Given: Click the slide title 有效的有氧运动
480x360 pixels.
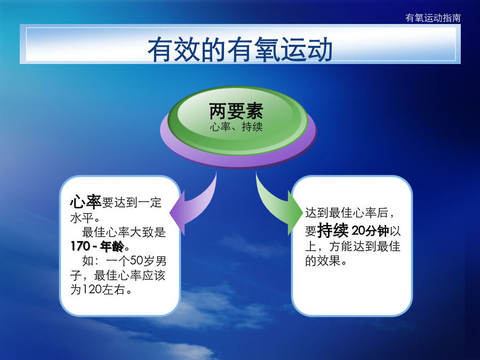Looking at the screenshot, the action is pyautogui.click(x=240, y=49).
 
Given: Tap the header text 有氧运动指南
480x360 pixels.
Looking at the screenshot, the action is pyautogui.click(x=433, y=18).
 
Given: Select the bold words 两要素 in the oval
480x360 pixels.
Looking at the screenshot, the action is pyautogui.click(x=236, y=111).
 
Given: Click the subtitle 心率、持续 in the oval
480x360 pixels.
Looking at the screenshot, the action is pyautogui.click(x=236, y=127).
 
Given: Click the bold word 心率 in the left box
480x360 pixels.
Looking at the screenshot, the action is pyautogui.click(x=86, y=202).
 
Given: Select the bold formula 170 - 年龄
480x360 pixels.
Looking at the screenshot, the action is pyautogui.click(x=98, y=246).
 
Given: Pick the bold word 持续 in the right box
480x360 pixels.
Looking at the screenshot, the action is pyautogui.click(x=333, y=230).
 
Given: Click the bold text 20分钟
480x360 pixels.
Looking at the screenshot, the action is pyautogui.click(x=370, y=231).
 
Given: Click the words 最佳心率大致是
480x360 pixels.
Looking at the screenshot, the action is pyautogui.click(x=124, y=233).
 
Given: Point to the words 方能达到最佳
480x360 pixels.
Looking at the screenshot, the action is pyautogui.click(x=365, y=246).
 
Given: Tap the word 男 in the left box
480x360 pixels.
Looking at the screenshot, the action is pyautogui.click(x=161, y=260).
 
